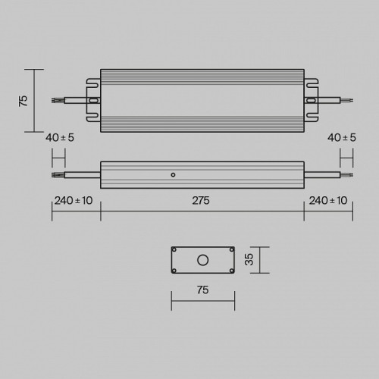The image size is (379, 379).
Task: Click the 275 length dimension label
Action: [x=201, y=201]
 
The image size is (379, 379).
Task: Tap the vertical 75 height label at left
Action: [x=23, y=101]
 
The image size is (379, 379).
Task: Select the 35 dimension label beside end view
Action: [x=249, y=259]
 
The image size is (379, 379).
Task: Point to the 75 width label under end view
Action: [x=203, y=290]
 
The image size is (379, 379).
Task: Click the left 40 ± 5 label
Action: [x=60, y=138]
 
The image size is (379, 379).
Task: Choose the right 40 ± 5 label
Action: [x=342, y=138]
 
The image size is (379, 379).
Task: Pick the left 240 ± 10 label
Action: [x=74, y=201]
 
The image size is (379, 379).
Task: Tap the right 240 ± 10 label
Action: [x=328, y=201]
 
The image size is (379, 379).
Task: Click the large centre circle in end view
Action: [x=202, y=260]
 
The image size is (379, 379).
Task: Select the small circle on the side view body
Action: [x=173, y=175]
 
